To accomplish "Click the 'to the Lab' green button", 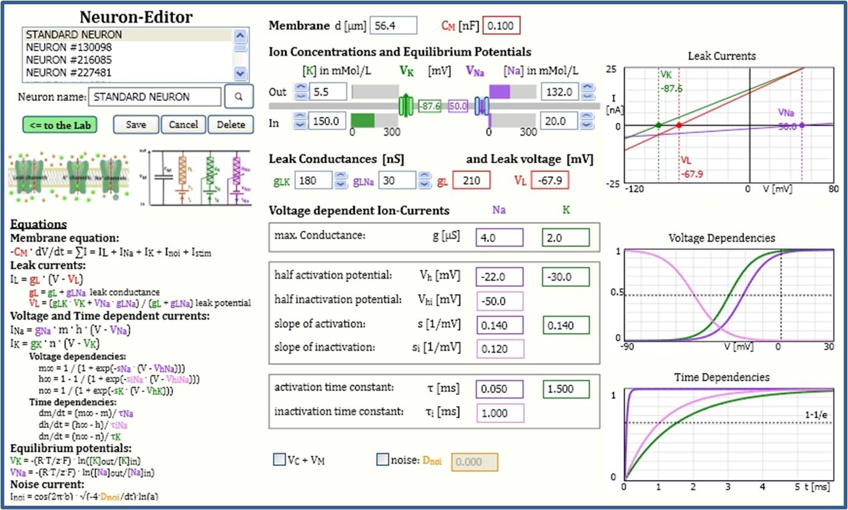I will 60,125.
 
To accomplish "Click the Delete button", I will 230,125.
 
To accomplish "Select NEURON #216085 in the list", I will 69,60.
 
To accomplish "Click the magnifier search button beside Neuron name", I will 239,97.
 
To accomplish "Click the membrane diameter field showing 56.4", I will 392,26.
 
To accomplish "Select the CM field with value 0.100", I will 502,26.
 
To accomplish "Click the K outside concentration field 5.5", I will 328,92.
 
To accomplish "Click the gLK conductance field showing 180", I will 313,180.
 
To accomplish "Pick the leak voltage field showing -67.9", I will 550,180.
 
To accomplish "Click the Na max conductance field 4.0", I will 499,237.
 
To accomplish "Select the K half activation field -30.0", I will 565,277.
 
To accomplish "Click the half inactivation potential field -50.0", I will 499,301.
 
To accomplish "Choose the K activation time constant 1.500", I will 565,389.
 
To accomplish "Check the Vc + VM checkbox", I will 279,460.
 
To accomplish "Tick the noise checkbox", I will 383,460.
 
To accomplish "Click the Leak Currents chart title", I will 721,56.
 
